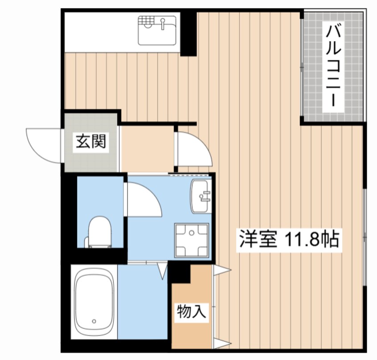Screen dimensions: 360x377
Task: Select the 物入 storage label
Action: coord(192,311)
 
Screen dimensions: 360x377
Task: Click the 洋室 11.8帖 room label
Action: coord(288,240)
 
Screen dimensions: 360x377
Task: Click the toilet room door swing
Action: coord(143,200)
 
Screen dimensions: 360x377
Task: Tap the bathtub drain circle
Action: coord(94,321)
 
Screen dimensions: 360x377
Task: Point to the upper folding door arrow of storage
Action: coord(222,269)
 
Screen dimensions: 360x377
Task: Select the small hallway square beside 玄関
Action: coord(147,148)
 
